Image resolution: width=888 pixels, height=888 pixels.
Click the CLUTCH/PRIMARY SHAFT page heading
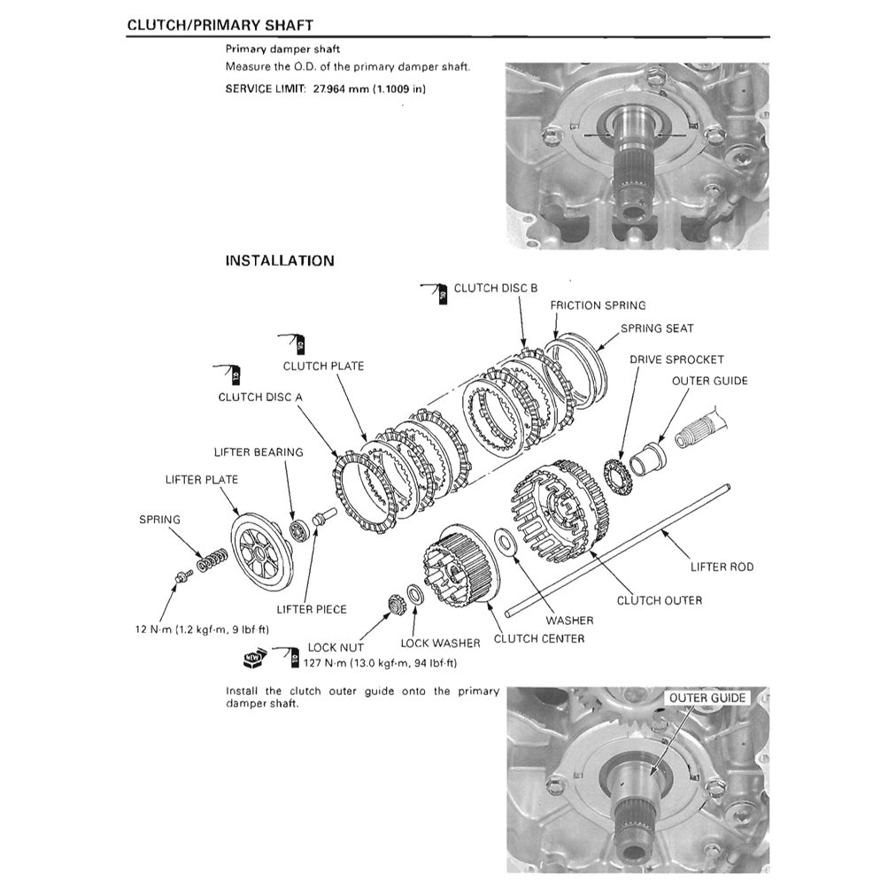coord(220,25)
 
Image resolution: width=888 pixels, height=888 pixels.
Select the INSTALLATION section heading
coord(280,261)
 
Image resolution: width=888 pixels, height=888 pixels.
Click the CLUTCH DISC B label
coord(495,288)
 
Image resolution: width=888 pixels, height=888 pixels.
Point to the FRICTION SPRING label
coord(598,305)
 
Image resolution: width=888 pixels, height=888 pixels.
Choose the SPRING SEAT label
coord(656,328)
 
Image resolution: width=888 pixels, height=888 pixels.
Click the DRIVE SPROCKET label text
coord(676,359)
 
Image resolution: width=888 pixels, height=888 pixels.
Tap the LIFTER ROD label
coord(722,567)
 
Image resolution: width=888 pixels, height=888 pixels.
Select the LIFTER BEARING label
coord(259,452)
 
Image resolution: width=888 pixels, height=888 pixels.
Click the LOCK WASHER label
coord(440,643)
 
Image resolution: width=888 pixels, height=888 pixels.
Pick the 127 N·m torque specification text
coord(380,662)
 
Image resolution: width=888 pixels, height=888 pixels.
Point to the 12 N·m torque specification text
coord(202,629)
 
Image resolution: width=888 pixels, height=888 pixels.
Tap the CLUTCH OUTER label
coord(659,600)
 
